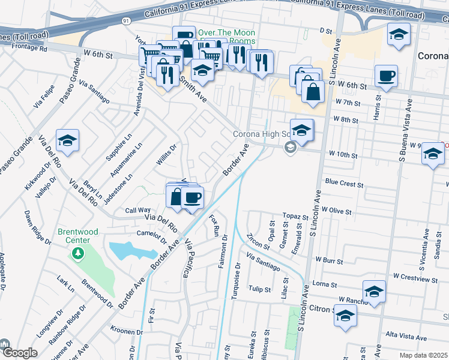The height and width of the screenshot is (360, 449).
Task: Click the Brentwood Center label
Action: pyautogui.click(x=74, y=236)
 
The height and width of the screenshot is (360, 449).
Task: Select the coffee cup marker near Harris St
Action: pyautogui.click(x=385, y=77)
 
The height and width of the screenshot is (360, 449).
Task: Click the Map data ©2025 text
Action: pyautogui.click(x=424, y=355)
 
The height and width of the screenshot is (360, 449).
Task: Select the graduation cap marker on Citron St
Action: pyautogui.click(x=345, y=316)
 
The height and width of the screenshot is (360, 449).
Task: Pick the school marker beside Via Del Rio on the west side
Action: pyautogui.click(x=67, y=142)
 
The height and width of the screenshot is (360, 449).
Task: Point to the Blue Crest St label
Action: pyautogui.click(x=341, y=181)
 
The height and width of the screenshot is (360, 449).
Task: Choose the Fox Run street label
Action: pyautogui.click(x=214, y=226)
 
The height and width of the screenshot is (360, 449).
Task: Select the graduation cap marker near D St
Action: pyautogui.click(x=398, y=34)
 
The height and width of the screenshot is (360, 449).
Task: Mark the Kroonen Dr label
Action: pyautogui.click(x=127, y=331)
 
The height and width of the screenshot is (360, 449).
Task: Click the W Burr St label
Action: pyautogui.click(x=328, y=262)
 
